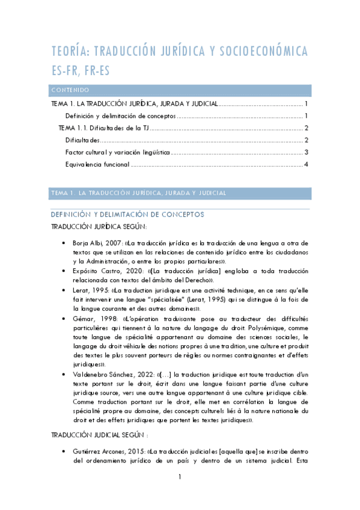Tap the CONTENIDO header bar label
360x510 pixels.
point(70,90)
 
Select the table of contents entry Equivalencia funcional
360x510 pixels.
point(97,164)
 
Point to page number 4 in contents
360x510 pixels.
point(307,164)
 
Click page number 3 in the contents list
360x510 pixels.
point(307,152)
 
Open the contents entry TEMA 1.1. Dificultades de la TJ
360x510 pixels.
point(103,128)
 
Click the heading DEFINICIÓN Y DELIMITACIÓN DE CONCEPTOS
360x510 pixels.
point(127,214)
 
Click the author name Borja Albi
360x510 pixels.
point(91,242)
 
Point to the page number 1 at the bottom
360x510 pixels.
point(180,494)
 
